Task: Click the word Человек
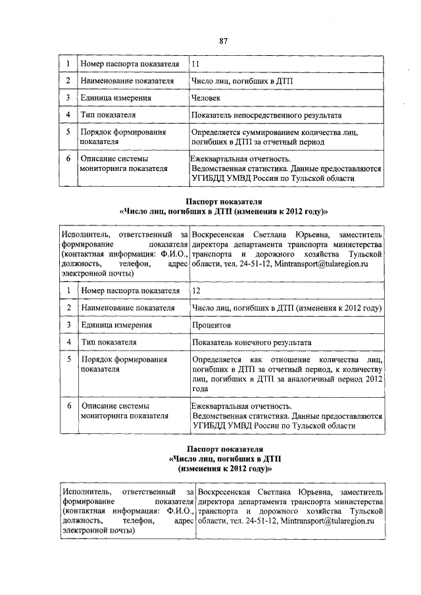206,98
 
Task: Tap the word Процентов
211,325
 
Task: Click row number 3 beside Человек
68,98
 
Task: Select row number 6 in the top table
68,158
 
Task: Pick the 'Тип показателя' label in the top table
109,115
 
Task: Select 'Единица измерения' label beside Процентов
116,325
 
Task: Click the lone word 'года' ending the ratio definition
201,389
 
